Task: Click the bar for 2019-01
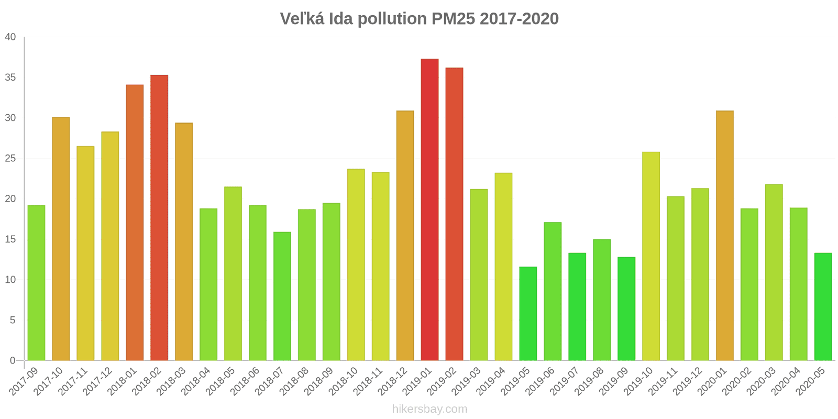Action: [x=429, y=210]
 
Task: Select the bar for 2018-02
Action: [x=159, y=217]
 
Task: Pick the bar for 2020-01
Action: [x=724, y=235]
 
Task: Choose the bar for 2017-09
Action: [x=36, y=283]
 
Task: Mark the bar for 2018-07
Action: [x=282, y=296]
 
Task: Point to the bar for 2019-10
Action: [x=650, y=256]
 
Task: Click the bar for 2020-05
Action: [x=823, y=306]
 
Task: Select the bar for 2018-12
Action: [x=405, y=235]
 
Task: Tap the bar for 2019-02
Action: [x=454, y=214]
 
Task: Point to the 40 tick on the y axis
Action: [x=10, y=37]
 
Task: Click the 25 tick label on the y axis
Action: [x=10, y=158]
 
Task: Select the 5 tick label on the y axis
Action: [x=13, y=320]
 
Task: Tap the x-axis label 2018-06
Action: [x=245, y=381]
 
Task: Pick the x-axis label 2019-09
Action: [x=614, y=381]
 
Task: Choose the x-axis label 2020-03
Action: [x=762, y=381]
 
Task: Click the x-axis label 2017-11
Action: [x=73, y=381]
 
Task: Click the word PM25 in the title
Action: [x=453, y=19]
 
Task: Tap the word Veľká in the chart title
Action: [x=302, y=19]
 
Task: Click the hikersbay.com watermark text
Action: [x=429, y=409]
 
